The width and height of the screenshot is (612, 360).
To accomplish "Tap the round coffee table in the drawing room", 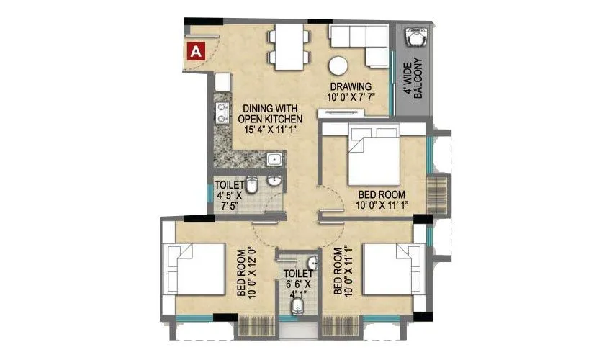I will coord(338,66).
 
